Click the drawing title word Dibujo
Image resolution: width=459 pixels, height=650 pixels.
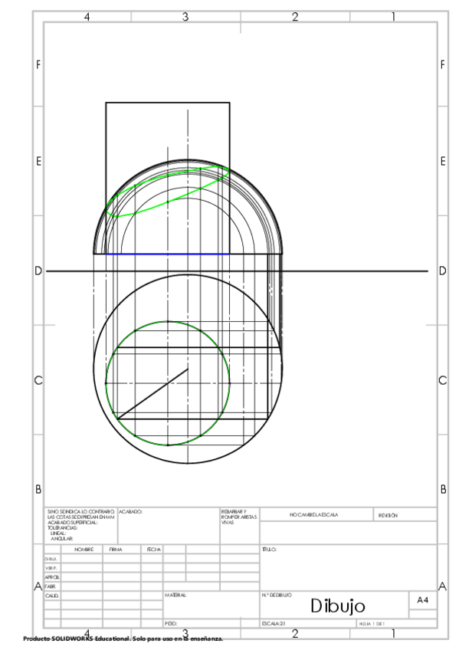(342, 607)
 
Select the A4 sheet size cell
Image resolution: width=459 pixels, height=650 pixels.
(421, 602)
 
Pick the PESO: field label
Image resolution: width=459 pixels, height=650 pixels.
(171, 624)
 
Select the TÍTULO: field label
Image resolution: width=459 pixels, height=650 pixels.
(268, 550)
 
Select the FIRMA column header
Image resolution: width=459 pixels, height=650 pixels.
(116, 550)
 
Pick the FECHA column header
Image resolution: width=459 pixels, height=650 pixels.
(153, 550)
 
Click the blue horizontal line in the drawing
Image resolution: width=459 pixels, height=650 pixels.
(167, 254)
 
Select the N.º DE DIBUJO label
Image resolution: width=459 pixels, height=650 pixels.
(275, 594)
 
